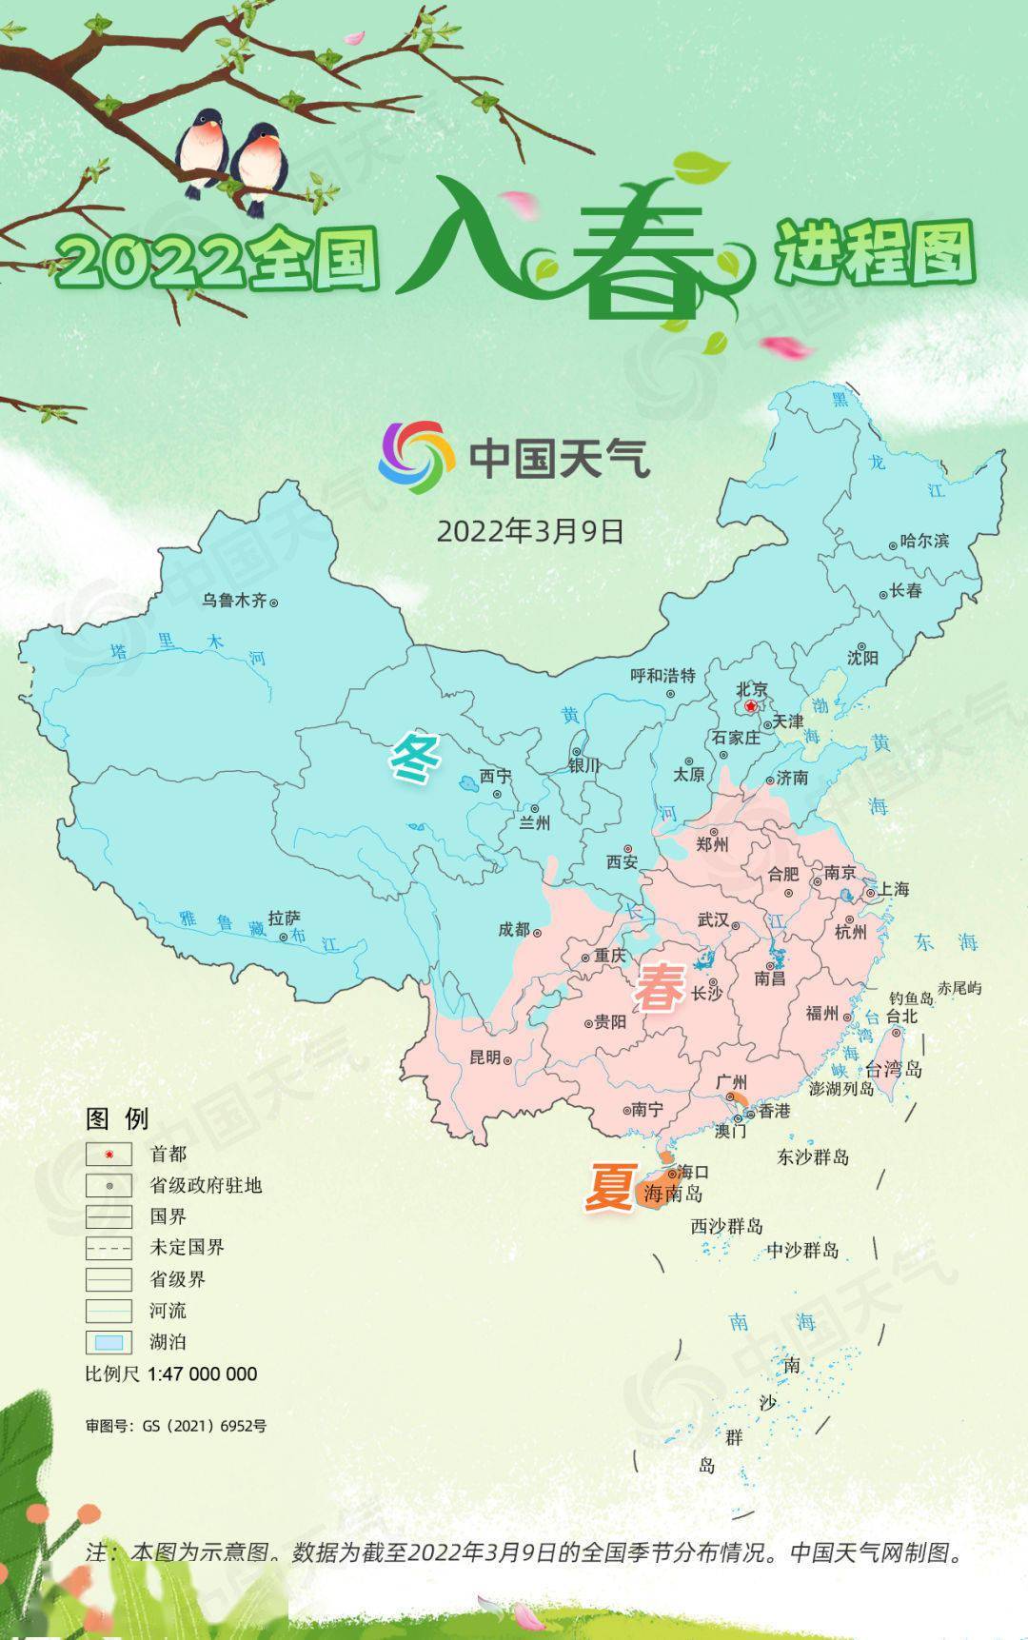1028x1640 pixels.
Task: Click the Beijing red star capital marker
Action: point(752,707)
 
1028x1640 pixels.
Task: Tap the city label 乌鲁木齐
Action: point(234,601)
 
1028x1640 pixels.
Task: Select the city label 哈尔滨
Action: point(924,541)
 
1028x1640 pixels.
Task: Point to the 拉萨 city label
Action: point(284,919)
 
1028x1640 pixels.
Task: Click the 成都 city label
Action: point(514,929)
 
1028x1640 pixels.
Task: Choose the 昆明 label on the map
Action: point(484,1057)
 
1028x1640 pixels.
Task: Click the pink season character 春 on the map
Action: point(659,986)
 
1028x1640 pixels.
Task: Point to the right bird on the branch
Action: point(259,165)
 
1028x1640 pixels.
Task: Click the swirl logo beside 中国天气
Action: point(417,458)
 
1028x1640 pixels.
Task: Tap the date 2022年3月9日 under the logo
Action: point(530,531)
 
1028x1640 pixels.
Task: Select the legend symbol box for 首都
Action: point(109,1155)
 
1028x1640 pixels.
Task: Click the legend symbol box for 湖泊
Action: point(109,1343)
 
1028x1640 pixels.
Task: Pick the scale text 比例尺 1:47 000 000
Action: point(171,1373)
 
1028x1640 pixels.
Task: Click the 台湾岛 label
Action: point(893,1069)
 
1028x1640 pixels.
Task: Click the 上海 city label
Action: point(893,889)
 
